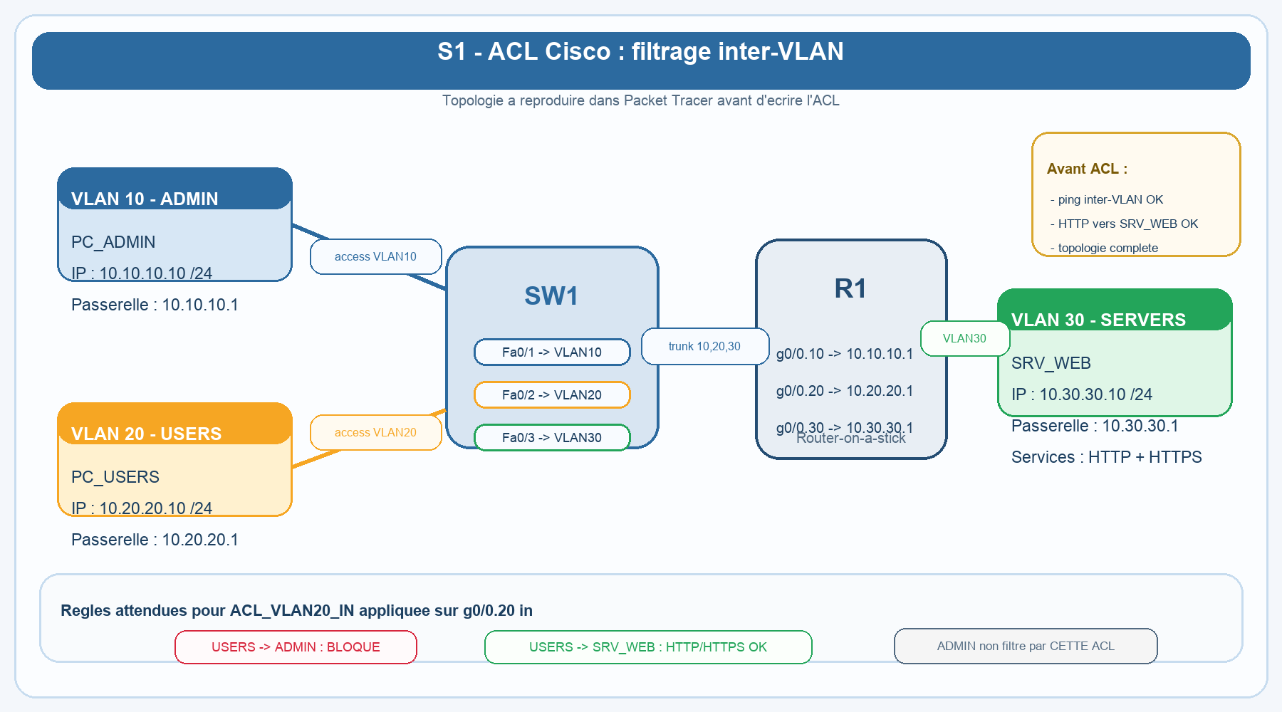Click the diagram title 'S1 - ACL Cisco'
click(640, 52)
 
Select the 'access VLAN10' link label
click(375, 256)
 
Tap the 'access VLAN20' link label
click(375, 432)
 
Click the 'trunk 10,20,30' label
click(704, 346)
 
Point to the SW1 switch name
click(551, 295)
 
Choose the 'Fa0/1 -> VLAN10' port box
click(552, 352)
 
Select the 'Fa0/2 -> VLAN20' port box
click(552, 394)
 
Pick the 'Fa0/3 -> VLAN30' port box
click(552, 437)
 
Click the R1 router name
click(850, 288)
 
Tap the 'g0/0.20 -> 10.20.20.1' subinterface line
click(844, 391)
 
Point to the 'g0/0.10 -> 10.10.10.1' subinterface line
click(844, 354)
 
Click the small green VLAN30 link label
click(964, 338)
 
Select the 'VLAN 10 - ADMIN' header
click(145, 199)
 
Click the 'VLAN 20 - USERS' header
click(146, 434)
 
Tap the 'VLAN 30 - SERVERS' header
click(1098, 320)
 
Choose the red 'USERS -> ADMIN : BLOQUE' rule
click(296, 646)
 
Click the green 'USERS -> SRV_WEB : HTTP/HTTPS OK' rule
click(647, 646)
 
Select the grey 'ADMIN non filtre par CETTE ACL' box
click(1025, 646)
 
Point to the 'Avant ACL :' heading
click(1087, 169)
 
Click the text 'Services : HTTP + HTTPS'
click(1106, 457)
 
